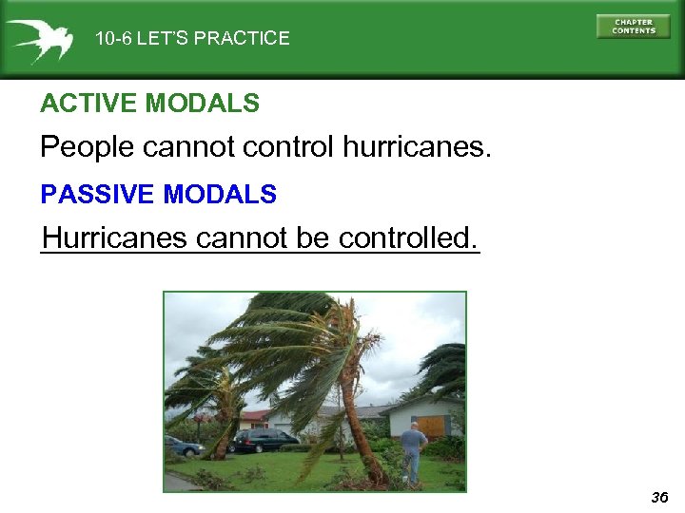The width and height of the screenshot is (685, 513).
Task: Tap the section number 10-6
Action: [113, 39]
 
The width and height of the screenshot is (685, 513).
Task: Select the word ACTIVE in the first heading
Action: [79, 104]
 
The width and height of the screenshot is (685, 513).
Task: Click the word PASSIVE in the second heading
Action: [98, 195]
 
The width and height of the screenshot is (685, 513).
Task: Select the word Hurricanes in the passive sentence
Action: [115, 237]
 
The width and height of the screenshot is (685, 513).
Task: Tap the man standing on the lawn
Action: [413, 450]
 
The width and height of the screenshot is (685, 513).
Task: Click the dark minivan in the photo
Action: [264, 440]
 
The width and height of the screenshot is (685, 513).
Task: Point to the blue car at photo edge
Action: [182, 446]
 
